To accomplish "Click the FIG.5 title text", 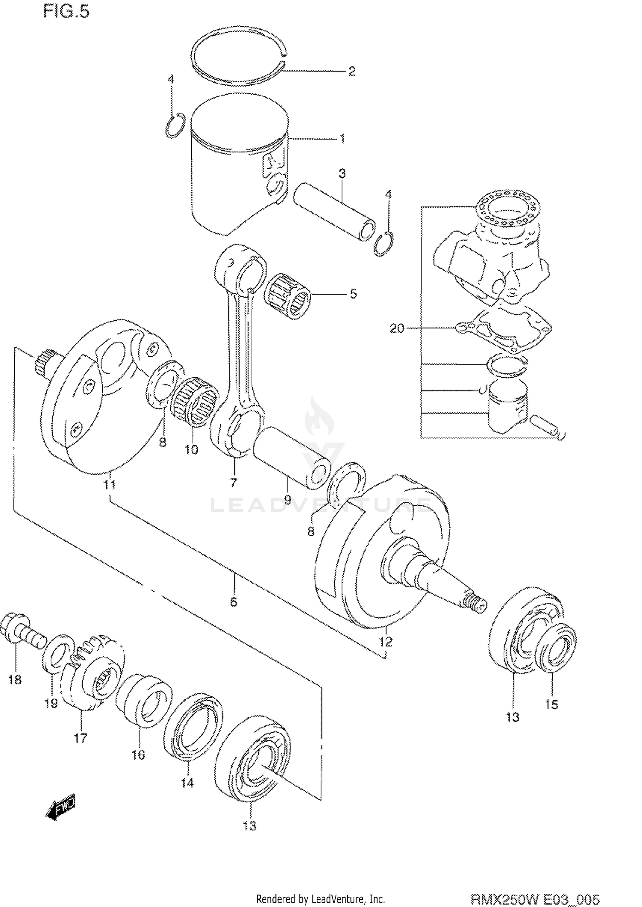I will click(x=66, y=12).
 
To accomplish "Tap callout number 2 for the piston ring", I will click(x=352, y=72).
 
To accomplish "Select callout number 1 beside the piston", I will click(x=342, y=138).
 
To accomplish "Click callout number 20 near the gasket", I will click(x=397, y=328).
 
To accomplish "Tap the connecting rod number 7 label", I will click(x=233, y=483).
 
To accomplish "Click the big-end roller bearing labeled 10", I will click(x=195, y=401).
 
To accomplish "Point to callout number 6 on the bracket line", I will click(x=233, y=602).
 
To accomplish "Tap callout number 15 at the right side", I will click(x=551, y=704).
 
